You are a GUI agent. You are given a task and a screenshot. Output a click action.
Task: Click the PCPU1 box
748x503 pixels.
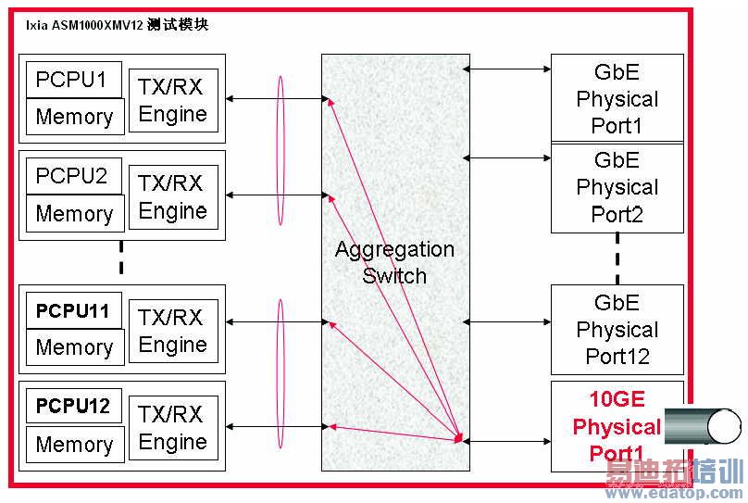[x=71, y=80]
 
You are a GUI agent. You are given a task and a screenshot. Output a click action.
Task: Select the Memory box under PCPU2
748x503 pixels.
[x=74, y=213]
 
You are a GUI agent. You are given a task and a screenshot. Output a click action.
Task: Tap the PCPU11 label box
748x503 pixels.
[x=72, y=311]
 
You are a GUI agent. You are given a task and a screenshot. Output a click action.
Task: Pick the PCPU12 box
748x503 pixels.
[x=72, y=406]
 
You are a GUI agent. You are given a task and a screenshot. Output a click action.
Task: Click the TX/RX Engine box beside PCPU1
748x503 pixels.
[x=173, y=100]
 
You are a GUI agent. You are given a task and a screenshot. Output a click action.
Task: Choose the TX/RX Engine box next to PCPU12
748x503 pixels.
[x=173, y=428]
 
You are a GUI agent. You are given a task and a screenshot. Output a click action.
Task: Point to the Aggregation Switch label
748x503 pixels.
[x=394, y=262]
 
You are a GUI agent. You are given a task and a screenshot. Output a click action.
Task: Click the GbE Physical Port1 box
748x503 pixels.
[x=617, y=98]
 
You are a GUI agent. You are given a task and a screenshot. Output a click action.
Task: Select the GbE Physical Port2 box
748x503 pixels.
[x=617, y=188]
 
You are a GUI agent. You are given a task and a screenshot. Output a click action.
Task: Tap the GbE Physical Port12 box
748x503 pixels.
[x=617, y=330]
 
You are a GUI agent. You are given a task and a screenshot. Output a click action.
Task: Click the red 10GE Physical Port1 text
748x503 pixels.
[x=616, y=426]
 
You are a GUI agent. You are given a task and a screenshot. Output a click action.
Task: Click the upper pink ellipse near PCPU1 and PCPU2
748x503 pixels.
[x=280, y=149]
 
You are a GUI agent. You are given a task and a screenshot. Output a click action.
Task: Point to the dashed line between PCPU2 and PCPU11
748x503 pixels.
[x=121, y=258]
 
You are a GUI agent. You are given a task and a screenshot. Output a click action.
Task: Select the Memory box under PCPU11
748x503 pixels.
[x=74, y=347]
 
